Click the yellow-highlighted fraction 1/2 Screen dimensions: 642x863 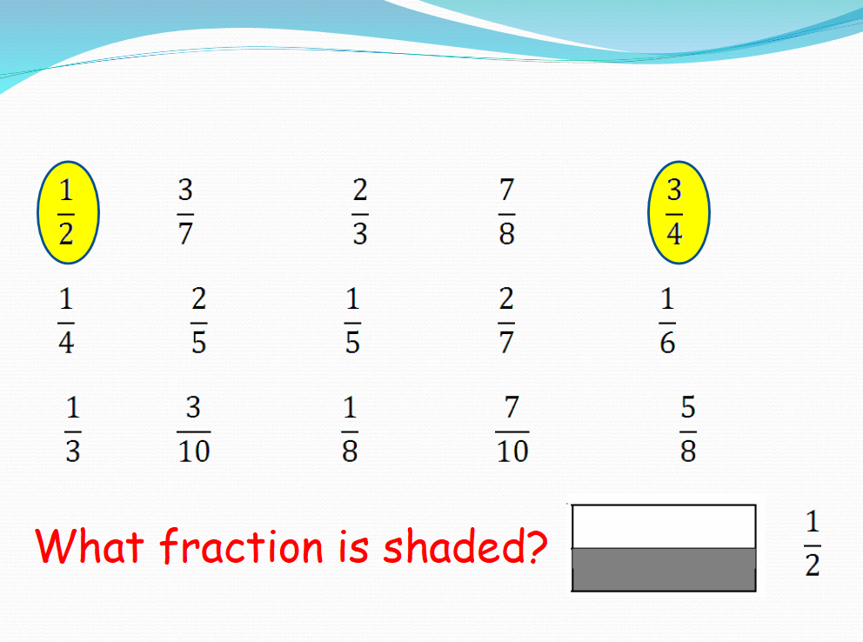67,213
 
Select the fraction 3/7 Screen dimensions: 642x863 185,213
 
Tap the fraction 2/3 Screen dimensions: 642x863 360,213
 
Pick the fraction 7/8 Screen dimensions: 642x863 506,213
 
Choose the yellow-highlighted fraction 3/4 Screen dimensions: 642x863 675,213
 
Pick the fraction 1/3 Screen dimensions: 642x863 72,431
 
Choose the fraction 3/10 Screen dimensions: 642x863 193,431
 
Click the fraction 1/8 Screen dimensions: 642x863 349,431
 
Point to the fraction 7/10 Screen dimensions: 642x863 512,431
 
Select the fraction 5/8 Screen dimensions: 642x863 688,431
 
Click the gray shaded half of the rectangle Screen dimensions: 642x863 664,570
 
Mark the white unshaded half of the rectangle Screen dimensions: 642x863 664,526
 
